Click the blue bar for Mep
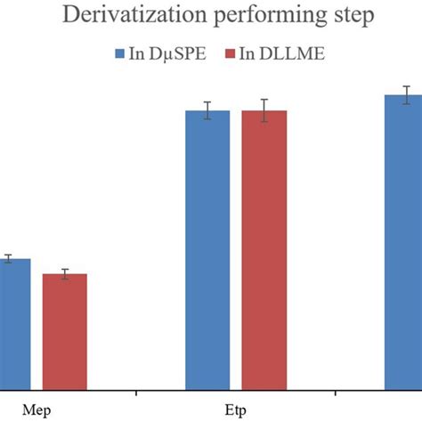point(14,324)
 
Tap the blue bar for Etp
point(207,249)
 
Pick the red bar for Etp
point(264,249)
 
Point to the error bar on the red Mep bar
point(65,274)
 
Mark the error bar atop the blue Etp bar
point(207,110)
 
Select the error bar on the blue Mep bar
point(8,259)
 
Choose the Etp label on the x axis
point(235,409)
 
